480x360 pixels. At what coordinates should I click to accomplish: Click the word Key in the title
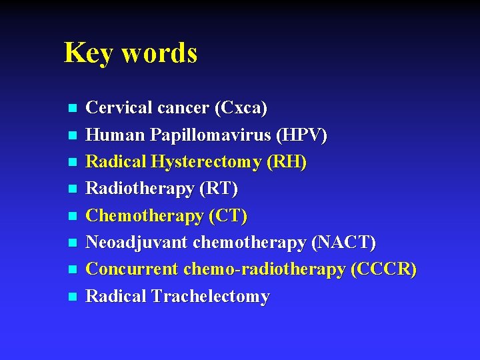(x=87, y=53)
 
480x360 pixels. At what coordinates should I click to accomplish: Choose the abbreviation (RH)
(x=286, y=162)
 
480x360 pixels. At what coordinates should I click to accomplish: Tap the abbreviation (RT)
(x=219, y=189)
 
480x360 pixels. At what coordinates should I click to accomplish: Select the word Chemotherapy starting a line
(x=143, y=216)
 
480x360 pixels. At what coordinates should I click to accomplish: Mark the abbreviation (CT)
(x=227, y=216)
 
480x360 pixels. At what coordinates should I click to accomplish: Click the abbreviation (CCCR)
(x=384, y=269)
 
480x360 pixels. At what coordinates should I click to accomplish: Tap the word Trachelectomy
(x=211, y=297)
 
